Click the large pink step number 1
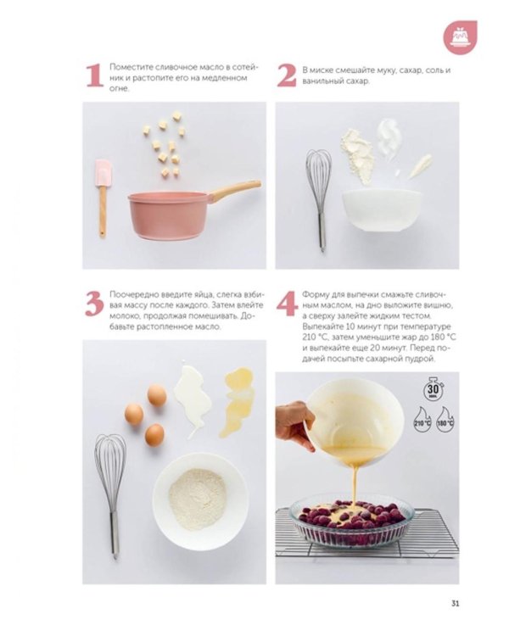click(95, 75)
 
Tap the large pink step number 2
click(287, 75)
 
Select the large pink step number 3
click(94, 304)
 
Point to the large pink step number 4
click(288, 304)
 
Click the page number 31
click(455, 604)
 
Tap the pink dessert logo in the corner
click(460, 37)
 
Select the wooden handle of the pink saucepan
click(236, 190)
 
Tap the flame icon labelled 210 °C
click(422, 421)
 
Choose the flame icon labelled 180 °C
click(445, 421)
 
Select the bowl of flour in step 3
click(200, 501)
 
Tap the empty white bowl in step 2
click(382, 210)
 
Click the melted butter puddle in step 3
click(238, 401)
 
